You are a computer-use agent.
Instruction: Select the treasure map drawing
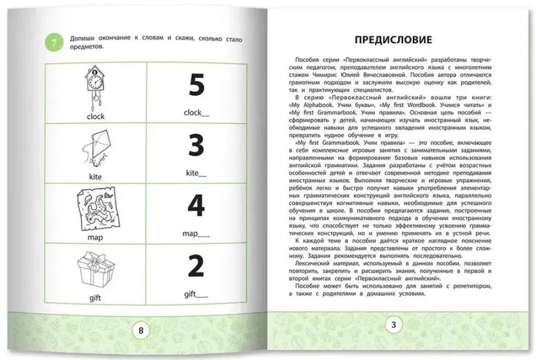tap(95, 210)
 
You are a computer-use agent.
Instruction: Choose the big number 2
tap(197, 267)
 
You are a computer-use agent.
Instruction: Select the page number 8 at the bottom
tap(141, 331)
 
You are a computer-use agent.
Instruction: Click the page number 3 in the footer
tap(393, 325)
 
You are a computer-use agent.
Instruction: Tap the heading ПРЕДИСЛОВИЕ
tap(393, 40)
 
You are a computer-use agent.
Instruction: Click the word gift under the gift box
tap(95, 298)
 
